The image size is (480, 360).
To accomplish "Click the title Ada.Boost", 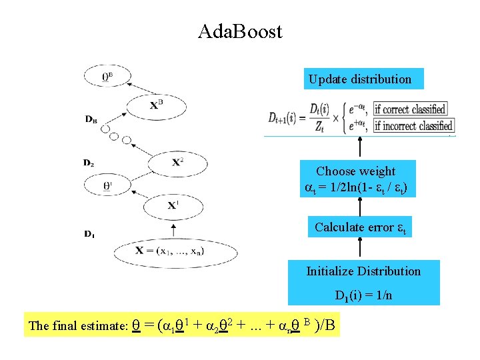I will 240,31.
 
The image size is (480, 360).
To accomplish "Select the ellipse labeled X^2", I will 175,163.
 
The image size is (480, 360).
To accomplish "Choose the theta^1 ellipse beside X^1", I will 107,185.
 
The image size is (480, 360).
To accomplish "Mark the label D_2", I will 89,163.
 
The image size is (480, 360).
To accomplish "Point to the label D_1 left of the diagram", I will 89,234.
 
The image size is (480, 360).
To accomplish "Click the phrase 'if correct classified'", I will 409,109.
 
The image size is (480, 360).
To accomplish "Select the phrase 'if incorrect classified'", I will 413,125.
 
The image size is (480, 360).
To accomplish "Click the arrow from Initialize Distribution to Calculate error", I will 360,248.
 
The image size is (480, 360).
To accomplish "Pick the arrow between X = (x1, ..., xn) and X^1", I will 173,230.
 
